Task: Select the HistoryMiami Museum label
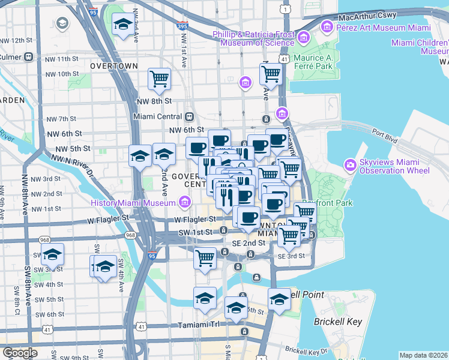[x=133, y=203]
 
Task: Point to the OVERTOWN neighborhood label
[x=113, y=65]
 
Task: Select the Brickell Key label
[x=338, y=322]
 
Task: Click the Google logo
[x=20, y=353]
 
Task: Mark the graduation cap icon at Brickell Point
[x=279, y=299]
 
